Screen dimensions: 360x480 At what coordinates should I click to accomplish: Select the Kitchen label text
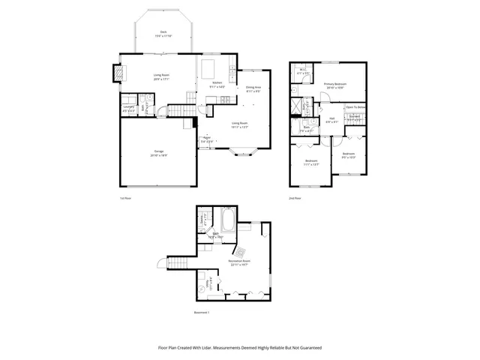pyautogui.click(x=217, y=82)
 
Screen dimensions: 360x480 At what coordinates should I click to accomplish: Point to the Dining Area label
pyautogui.click(x=253, y=87)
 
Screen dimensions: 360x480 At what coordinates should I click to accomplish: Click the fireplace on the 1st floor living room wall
pyautogui.click(x=118, y=73)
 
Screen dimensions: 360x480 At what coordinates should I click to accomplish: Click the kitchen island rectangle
pyautogui.click(x=208, y=69)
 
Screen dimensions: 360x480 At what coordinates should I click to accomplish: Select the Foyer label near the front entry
pyautogui.click(x=206, y=138)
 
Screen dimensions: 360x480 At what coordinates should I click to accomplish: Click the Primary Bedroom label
pyautogui.click(x=335, y=83)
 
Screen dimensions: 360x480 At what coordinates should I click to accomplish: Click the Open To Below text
pyautogui.click(x=355, y=107)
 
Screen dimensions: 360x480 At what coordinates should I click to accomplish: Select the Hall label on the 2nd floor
pyautogui.click(x=332, y=118)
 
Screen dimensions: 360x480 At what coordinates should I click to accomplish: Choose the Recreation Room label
pyautogui.click(x=240, y=261)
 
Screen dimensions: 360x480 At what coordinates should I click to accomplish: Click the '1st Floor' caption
pyautogui.click(x=126, y=198)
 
